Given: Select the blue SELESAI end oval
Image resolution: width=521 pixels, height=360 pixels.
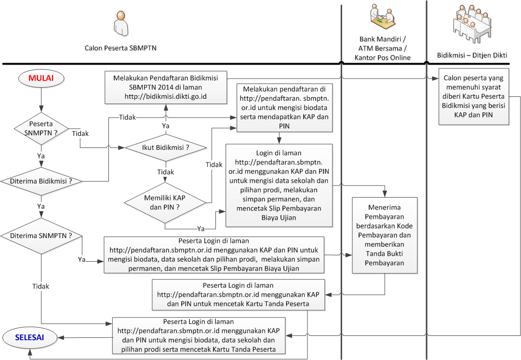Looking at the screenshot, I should [x=29, y=337].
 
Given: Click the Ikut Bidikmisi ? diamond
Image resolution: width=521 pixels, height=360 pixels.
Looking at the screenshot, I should [x=165, y=147].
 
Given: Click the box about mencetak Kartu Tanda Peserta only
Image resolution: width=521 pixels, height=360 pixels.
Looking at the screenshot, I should [x=239, y=294].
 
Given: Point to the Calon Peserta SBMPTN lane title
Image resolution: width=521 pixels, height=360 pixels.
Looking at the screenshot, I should [x=120, y=48].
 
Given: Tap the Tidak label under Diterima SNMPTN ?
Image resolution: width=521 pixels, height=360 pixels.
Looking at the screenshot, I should [x=40, y=286].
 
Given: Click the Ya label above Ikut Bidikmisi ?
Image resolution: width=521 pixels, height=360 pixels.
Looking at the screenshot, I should [x=165, y=125].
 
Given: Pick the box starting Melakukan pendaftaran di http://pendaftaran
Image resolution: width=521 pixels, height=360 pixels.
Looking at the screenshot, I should [x=284, y=107].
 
